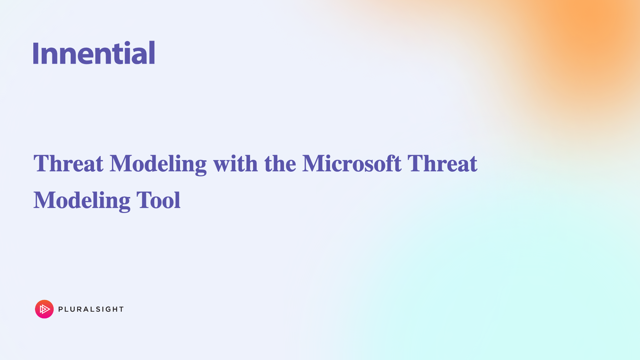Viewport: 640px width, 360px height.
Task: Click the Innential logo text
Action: (94, 52)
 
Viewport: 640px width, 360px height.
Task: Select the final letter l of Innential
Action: (152, 52)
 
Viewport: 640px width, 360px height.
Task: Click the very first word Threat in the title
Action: (68, 163)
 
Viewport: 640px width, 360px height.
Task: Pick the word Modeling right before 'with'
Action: (158, 164)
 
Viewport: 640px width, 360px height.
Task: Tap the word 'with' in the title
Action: (236, 163)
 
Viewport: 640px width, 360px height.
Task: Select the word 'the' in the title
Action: (280, 163)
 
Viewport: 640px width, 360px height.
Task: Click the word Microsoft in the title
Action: (352, 163)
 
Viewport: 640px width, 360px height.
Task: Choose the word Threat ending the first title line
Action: (442, 163)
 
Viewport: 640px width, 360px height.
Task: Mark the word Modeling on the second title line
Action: (82, 201)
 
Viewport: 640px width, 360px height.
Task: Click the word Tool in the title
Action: (158, 200)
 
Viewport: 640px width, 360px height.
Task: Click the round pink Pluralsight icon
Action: (44, 309)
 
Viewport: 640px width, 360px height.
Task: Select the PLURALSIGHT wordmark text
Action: (91, 309)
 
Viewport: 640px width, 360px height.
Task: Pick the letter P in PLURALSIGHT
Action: (61, 309)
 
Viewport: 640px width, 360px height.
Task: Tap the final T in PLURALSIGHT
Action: (121, 309)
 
